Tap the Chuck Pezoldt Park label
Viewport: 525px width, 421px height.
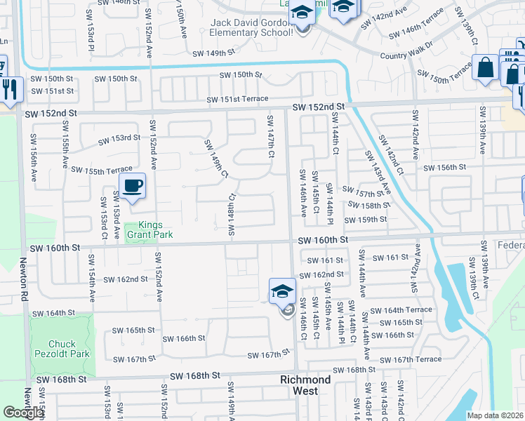tap(69, 349)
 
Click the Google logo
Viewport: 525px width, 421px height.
tap(23, 413)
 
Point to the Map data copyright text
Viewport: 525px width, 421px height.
tap(495, 415)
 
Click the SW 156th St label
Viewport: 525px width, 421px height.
tap(444, 167)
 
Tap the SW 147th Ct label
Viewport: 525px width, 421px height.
tap(269, 137)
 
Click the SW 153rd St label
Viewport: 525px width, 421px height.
tap(120, 138)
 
